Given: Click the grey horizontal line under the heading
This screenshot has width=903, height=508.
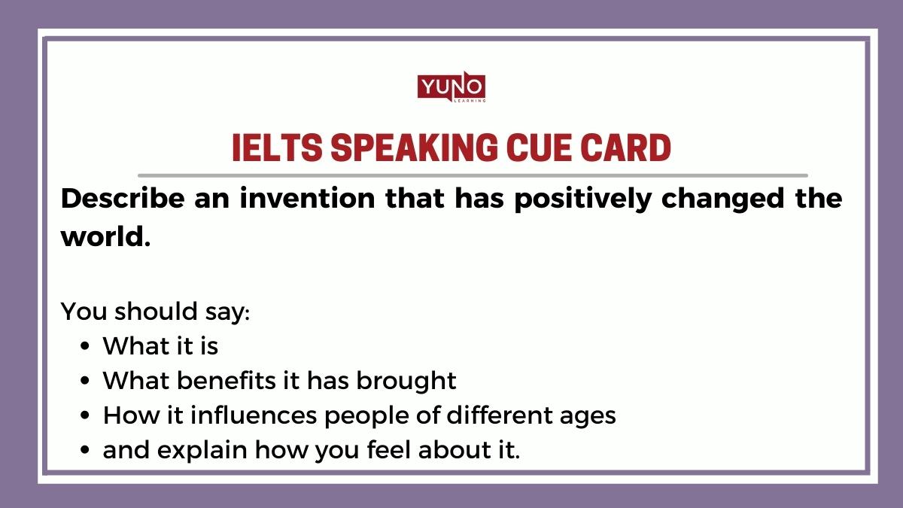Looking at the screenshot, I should pyautogui.click(x=472, y=175).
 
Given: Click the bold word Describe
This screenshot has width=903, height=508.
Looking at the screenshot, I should pyautogui.click(x=117, y=199).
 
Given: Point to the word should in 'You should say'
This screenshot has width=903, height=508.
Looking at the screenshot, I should pyautogui.click(x=154, y=311).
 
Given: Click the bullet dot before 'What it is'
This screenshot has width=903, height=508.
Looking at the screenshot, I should pyautogui.click(x=85, y=347).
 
